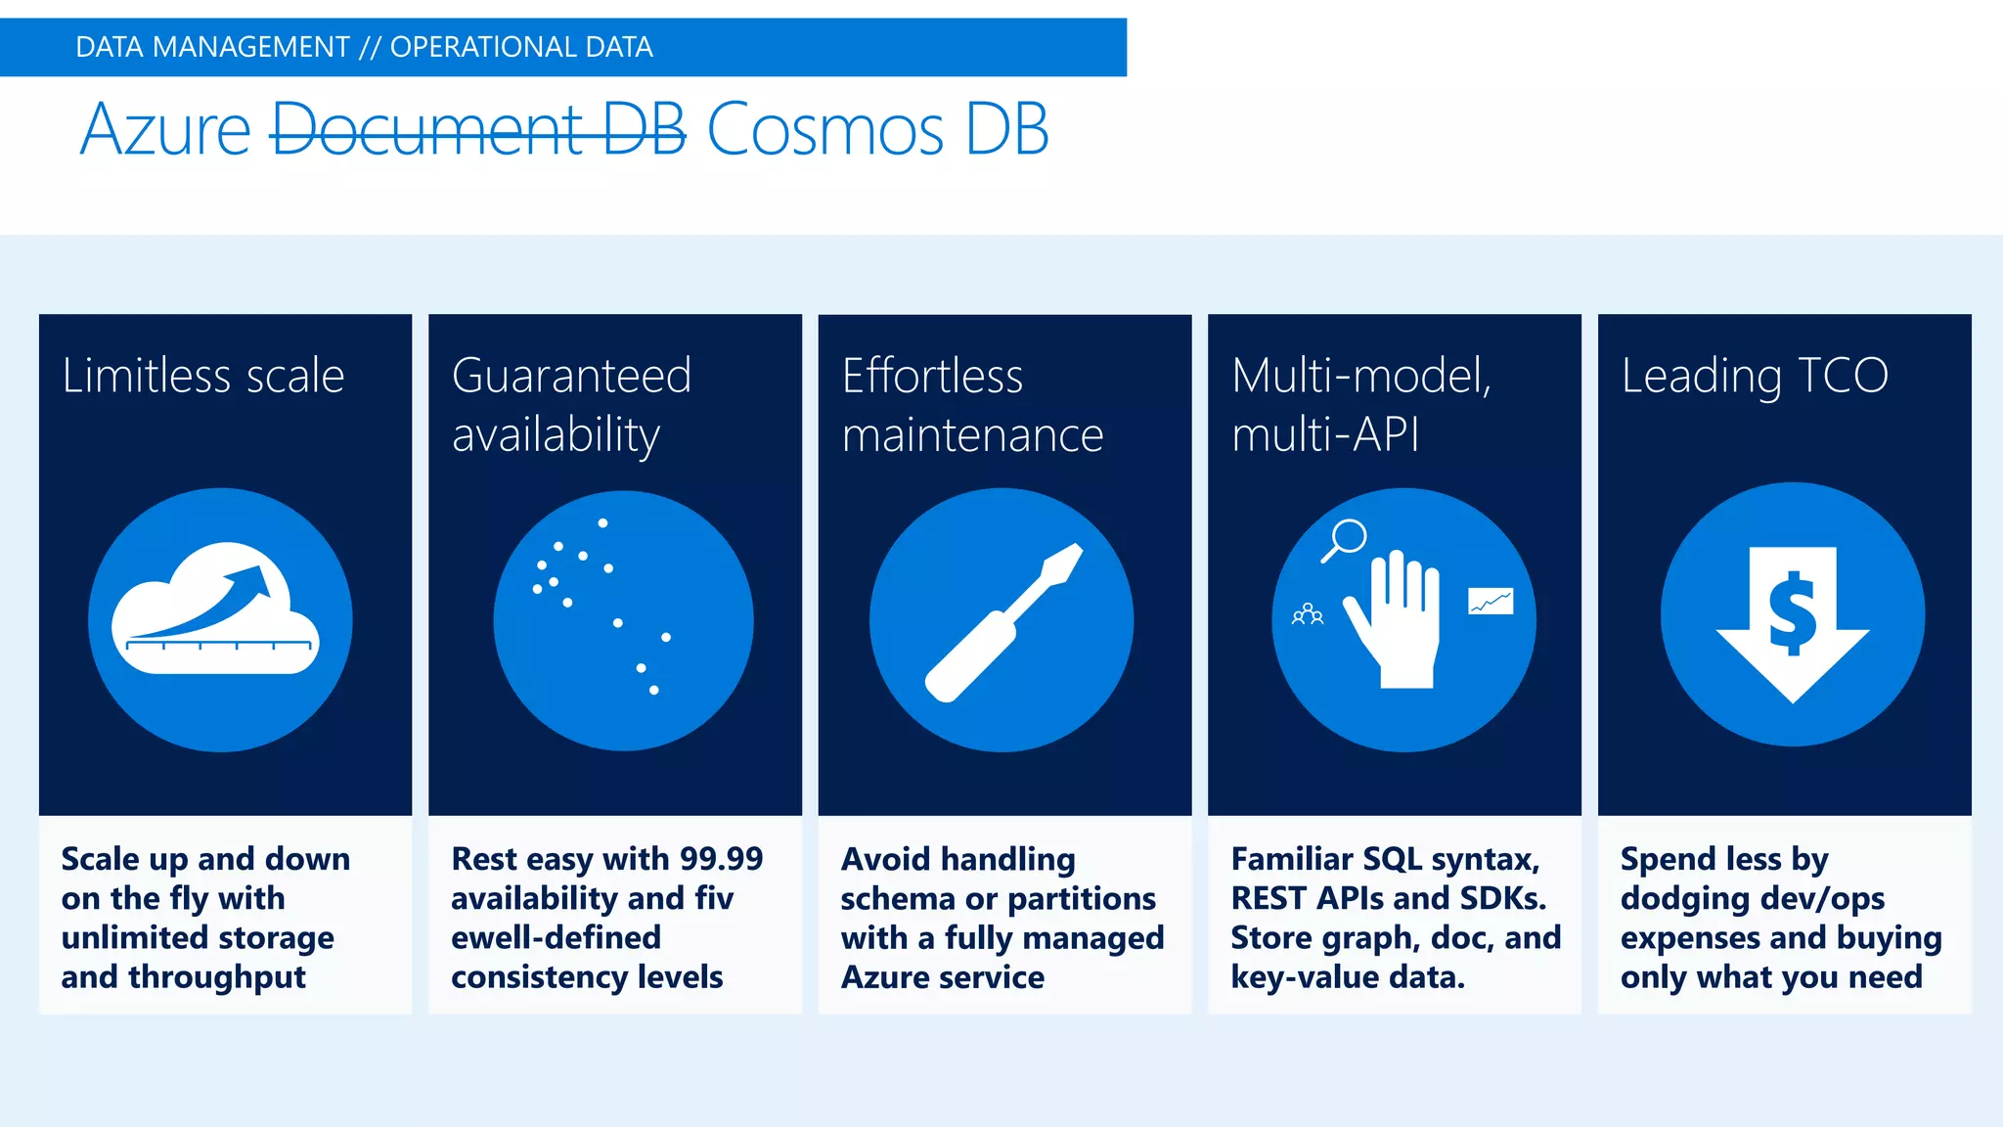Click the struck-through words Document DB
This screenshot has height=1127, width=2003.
477,129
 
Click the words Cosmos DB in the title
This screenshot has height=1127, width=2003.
877,129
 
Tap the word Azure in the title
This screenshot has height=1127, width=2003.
165,129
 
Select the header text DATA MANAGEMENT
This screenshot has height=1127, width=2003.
212,47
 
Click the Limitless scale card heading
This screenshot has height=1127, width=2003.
203,376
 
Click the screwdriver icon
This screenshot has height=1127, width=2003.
1003,622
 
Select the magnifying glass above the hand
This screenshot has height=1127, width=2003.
1346,539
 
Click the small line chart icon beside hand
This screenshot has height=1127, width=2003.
1491,601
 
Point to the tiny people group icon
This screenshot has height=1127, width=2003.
1308,614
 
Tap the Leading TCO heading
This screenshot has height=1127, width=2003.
1755,376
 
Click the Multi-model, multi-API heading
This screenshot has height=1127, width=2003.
1360,404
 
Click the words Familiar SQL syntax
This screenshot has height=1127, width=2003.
1385,859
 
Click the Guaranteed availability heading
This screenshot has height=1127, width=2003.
571,404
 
